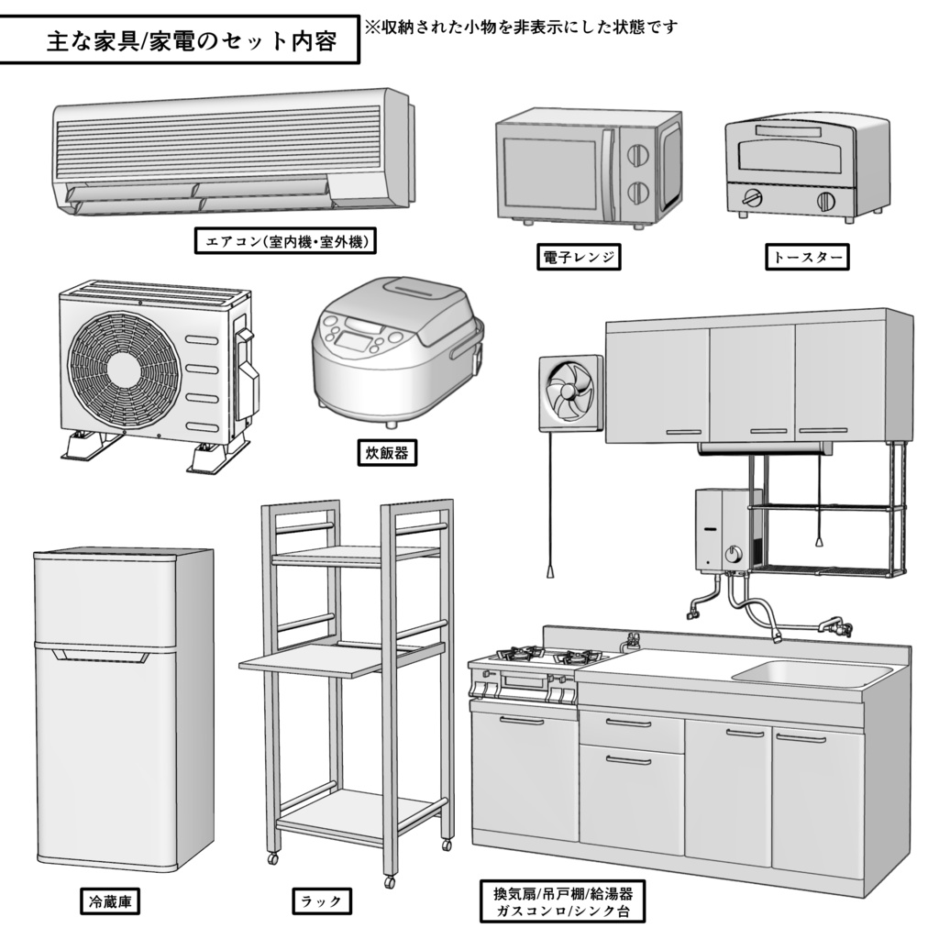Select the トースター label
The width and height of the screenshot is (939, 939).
(x=806, y=258)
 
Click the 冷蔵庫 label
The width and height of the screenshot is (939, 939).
(x=110, y=901)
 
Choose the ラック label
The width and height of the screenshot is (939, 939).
(x=321, y=901)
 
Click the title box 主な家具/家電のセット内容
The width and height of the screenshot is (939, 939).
(x=179, y=42)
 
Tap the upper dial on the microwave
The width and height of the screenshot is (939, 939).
(x=635, y=154)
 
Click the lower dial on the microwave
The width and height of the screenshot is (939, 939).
(x=635, y=193)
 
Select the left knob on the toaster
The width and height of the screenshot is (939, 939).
(x=754, y=197)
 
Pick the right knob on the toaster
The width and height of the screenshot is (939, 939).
(x=825, y=201)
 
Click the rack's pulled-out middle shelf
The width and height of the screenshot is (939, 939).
(x=312, y=660)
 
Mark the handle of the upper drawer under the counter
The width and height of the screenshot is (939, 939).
(x=628, y=724)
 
